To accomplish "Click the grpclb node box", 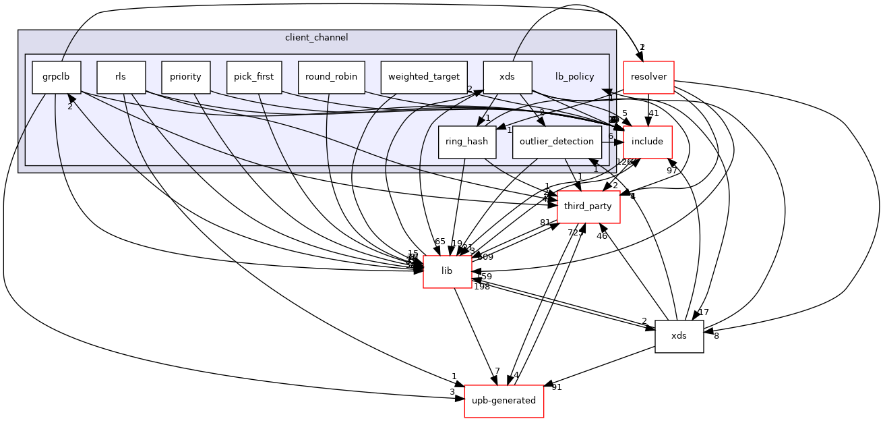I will click(x=57, y=77).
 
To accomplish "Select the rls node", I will click(x=121, y=77).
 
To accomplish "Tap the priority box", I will click(x=185, y=77).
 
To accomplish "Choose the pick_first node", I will click(x=253, y=77).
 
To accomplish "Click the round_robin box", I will click(x=332, y=77).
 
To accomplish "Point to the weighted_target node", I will click(x=424, y=77).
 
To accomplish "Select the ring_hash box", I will click(x=467, y=142).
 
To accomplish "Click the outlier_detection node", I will click(x=557, y=142).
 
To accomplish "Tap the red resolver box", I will click(x=648, y=77).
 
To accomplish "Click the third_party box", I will click(x=588, y=206).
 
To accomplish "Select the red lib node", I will click(x=446, y=271).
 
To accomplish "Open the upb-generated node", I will click(x=504, y=401).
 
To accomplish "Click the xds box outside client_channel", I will click(x=679, y=336).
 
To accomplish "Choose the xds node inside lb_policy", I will click(x=508, y=77).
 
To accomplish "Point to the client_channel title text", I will click(x=317, y=38).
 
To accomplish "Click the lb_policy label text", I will click(x=575, y=77).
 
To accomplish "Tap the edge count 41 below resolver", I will click(x=653, y=113).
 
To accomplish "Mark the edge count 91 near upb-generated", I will click(x=557, y=387).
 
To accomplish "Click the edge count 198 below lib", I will click(x=482, y=287).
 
